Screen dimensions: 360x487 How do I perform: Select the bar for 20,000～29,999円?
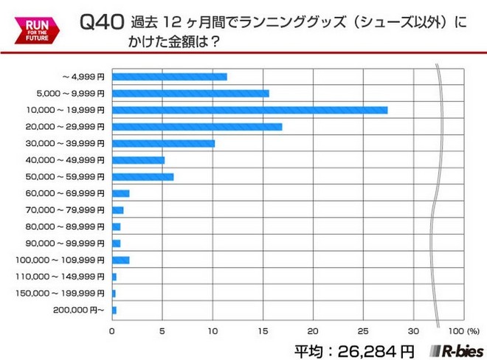tap(196, 127)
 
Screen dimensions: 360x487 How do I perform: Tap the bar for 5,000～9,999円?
tap(190, 94)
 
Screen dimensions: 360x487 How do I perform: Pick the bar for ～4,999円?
tap(169, 77)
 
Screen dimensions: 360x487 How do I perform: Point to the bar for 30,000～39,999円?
tap(163, 143)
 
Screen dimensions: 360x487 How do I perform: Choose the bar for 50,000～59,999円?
tap(142, 176)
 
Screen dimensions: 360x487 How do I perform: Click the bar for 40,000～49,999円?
tap(138, 160)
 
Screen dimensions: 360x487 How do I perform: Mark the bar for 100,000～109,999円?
tap(120, 260)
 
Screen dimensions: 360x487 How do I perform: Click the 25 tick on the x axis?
tap(364, 330)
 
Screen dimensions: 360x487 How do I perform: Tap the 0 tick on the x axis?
tap(112, 330)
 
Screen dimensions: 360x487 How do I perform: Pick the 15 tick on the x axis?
tap(263, 330)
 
